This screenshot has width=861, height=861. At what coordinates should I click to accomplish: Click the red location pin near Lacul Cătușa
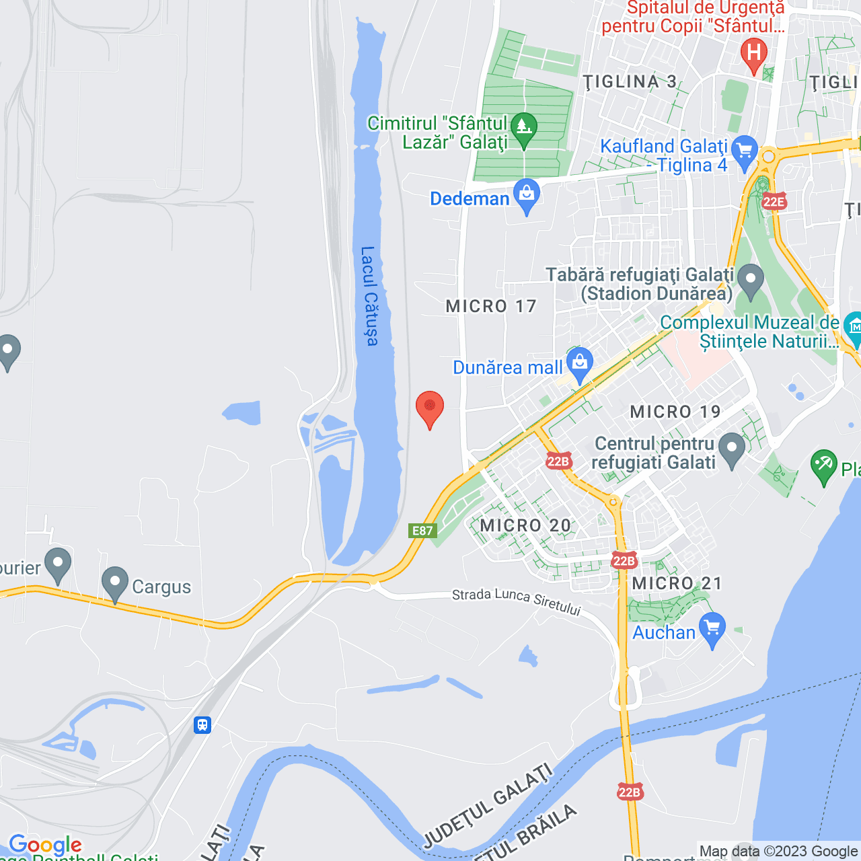(x=430, y=408)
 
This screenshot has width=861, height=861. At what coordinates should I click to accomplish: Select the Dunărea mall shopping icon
(x=579, y=365)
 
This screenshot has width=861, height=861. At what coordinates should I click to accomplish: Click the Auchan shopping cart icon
(x=712, y=630)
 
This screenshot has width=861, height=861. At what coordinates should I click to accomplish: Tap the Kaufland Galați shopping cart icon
(x=744, y=152)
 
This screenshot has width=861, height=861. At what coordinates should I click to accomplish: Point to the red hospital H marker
(x=753, y=54)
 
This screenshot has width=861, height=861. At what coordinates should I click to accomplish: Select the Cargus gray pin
(x=115, y=583)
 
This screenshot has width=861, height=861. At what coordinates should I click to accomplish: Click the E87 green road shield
(x=422, y=531)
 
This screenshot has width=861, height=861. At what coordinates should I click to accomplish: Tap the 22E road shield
(x=774, y=202)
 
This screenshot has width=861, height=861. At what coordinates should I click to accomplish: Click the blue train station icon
(x=202, y=725)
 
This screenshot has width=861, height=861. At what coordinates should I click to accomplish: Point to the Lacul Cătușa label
(x=369, y=296)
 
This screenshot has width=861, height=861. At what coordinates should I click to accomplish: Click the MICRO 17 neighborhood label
(x=491, y=307)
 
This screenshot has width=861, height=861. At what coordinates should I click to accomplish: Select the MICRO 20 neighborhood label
(x=525, y=525)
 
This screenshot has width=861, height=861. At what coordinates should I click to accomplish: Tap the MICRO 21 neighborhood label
(x=677, y=583)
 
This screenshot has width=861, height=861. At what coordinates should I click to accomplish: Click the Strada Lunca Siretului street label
(x=516, y=601)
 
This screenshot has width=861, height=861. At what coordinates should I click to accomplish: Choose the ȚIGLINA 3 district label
(x=630, y=82)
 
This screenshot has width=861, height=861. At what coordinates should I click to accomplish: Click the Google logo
(x=45, y=845)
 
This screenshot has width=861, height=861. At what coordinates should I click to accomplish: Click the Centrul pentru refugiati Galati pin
(x=732, y=449)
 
